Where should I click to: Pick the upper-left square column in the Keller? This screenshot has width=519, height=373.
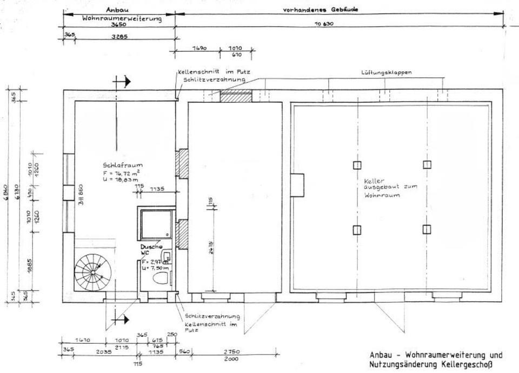point(357,165)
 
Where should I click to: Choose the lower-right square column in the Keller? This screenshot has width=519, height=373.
point(427,229)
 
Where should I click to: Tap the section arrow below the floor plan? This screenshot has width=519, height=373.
point(122,319)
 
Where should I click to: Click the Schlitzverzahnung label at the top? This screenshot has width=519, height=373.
point(214,80)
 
